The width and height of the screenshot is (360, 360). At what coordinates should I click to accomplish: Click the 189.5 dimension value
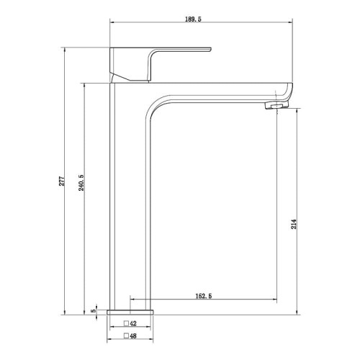coord(193,19)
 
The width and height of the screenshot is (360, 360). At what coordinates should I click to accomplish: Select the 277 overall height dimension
coord(62,181)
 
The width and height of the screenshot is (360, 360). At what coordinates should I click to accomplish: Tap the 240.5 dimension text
coord(81,183)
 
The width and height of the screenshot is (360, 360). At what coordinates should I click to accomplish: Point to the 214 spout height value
coord(294,224)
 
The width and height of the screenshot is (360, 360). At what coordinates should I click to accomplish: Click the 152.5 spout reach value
coord(204,296)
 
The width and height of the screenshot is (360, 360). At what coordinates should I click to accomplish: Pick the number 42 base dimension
coord(133,323)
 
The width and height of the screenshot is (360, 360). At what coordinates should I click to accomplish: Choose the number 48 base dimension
coord(133,336)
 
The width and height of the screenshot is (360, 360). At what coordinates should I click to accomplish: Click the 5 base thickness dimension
coord(94,310)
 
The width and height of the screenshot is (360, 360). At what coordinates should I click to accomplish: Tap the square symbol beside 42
coord(126,323)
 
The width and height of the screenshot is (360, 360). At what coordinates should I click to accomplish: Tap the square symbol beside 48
coord(126,336)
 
